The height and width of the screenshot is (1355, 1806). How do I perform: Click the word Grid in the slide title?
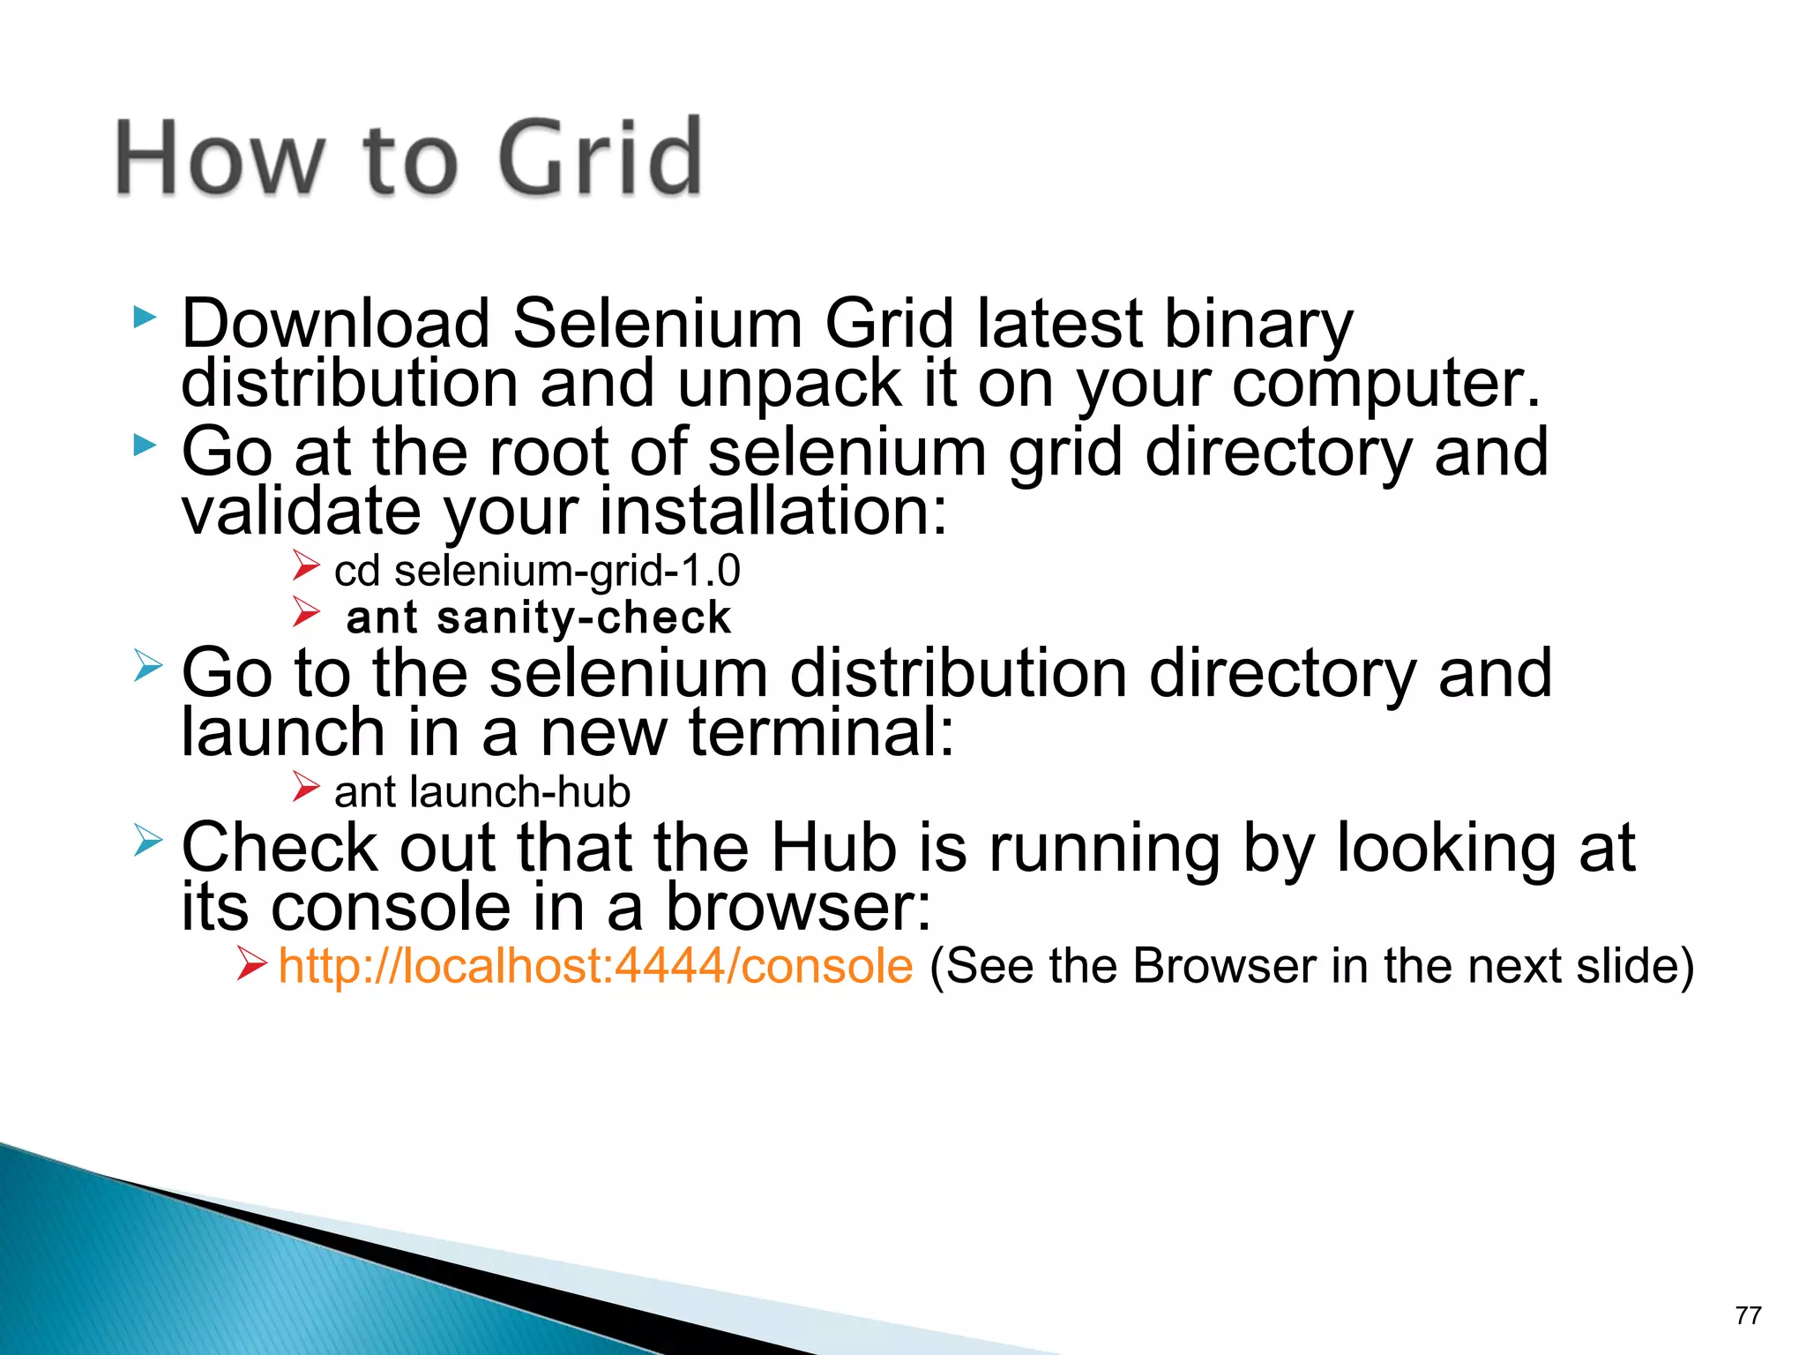[x=600, y=159]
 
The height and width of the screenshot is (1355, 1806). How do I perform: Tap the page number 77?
[x=1748, y=1315]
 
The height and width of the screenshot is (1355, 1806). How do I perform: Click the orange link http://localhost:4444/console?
[x=595, y=966]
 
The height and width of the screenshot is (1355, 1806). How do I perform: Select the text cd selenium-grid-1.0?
[x=537, y=571]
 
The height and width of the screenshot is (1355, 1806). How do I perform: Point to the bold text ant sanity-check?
[x=539, y=618]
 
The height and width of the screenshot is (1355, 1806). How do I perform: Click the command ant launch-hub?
[x=482, y=792]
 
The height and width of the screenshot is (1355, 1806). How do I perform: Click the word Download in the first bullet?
[x=335, y=324]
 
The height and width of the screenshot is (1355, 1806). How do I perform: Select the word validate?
[x=301, y=512]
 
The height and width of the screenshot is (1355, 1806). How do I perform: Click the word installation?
[x=772, y=512]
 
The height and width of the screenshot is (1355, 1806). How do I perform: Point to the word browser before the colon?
[x=796, y=908]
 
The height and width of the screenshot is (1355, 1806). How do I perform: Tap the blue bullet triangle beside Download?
[x=145, y=318]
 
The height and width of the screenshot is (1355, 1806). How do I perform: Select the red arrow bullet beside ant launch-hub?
[x=306, y=786]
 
